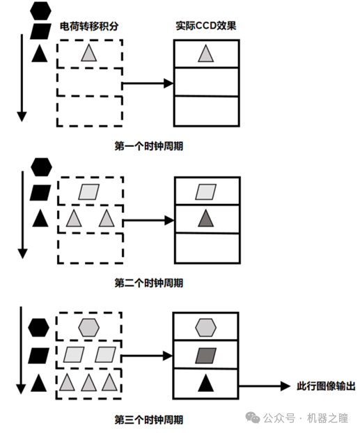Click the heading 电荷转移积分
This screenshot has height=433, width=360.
tap(89, 26)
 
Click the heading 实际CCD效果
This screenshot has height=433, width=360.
tap(206, 26)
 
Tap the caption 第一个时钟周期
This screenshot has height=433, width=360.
tap(149, 145)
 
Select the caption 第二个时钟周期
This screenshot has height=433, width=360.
tap(149, 283)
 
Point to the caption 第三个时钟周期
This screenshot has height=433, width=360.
tap(149, 420)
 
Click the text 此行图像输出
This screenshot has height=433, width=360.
tap(326, 386)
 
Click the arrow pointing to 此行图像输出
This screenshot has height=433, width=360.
tap(265, 386)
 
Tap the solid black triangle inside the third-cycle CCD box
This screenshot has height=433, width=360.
tap(206, 383)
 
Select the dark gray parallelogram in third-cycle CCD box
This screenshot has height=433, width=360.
tap(206, 356)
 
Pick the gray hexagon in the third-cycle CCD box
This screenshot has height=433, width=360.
tap(206, 327)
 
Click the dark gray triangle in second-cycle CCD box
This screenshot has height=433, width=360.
tap(206, 219)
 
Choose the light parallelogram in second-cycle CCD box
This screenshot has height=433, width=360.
tap(206, 192)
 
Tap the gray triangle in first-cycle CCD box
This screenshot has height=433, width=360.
tap(206, 54)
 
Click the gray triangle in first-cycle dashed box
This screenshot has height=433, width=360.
tap(89, 53)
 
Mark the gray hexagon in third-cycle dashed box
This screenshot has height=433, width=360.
tap(88, 327)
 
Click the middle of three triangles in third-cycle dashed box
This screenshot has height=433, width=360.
tap(88, 382)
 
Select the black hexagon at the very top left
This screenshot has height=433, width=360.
tap(40, 10)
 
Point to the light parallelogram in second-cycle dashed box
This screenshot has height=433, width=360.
tap(89, 192)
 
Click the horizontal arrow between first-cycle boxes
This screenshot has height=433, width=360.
tap(148, 83)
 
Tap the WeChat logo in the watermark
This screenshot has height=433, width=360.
tap(253, 418)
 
